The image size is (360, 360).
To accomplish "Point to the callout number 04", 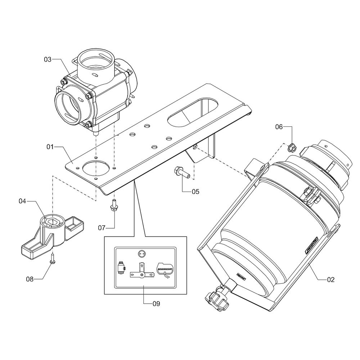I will (23, 202).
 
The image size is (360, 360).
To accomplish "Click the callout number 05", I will (195, 192).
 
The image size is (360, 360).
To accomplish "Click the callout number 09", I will (156, 303).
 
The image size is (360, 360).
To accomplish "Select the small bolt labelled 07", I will (114, 206).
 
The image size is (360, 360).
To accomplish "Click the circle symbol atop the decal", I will (141, 253).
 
